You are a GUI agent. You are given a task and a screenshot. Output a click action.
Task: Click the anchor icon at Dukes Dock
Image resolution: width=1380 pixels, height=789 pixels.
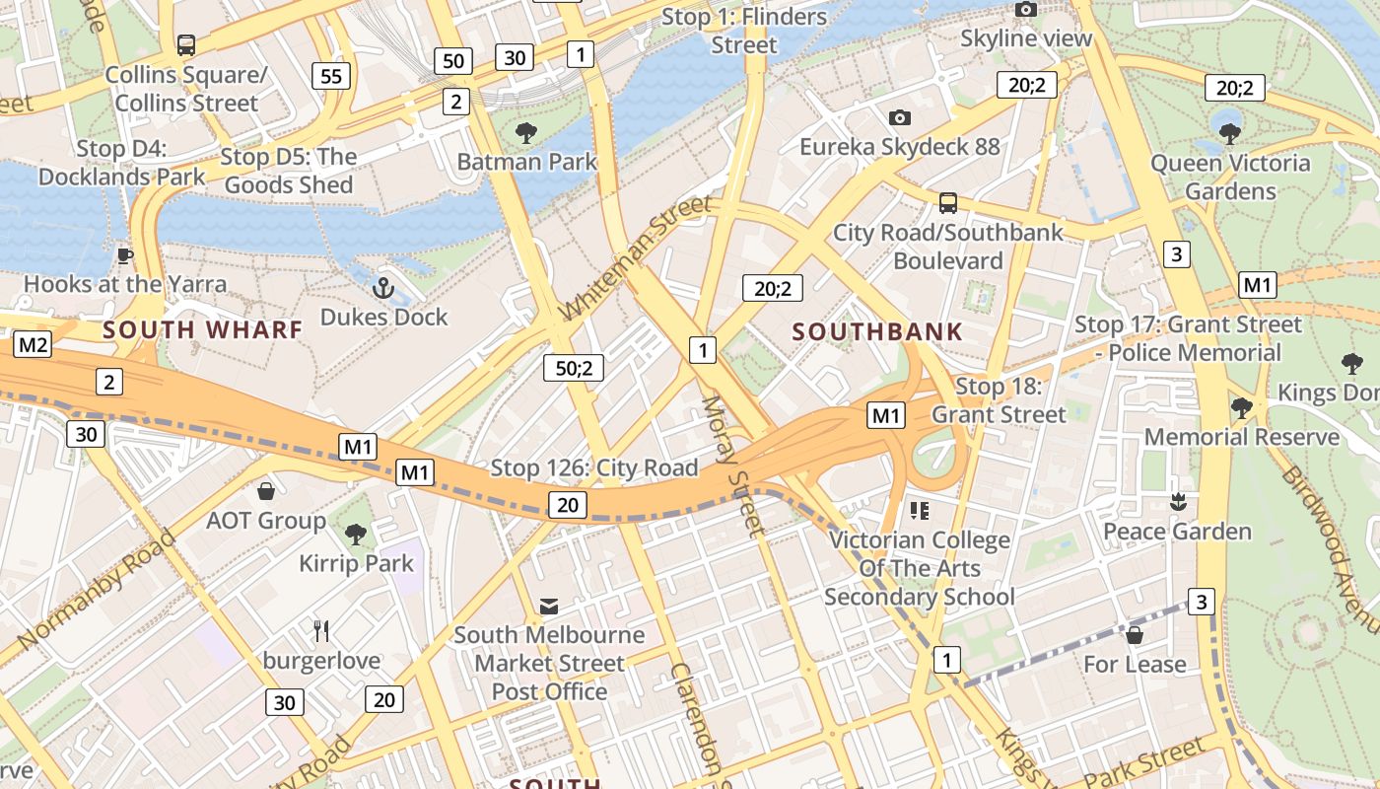(x=382, y=289)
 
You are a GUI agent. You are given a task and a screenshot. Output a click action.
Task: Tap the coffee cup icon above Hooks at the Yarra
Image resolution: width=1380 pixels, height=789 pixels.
(x=124, y=255)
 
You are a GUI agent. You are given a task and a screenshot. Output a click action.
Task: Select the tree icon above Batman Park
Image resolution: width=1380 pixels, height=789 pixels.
(x=526, y=132)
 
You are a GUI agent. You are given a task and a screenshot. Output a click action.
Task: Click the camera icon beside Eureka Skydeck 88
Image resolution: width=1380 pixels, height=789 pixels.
(x=899, y=118)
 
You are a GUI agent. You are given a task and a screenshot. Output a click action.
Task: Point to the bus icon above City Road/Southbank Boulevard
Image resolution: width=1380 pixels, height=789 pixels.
(x=947, y=203)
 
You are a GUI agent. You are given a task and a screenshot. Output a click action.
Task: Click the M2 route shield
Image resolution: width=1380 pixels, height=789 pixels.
(x=33, y=344)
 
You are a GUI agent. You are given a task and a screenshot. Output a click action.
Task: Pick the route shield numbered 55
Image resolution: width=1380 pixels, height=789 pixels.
(x=331, y=76)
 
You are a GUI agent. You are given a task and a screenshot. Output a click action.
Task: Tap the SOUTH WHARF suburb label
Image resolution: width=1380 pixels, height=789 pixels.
(x=202, y=330)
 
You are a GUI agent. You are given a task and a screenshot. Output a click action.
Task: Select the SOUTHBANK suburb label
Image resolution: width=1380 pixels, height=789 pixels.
(x=877, y=332)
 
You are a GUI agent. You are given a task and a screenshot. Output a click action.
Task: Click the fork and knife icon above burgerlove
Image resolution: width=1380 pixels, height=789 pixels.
(x=321, y=631)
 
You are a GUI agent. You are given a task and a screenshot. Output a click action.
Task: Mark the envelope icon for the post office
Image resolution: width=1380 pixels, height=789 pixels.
(x=548, y=606)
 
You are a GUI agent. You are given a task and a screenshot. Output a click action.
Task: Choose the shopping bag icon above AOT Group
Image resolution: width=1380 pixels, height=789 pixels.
(x=265, y=491)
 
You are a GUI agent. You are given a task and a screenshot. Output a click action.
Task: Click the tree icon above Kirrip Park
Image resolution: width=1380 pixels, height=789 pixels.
(x=356, y=535)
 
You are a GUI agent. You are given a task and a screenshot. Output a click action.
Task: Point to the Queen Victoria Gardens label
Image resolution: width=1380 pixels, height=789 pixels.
(x=1230, y=178)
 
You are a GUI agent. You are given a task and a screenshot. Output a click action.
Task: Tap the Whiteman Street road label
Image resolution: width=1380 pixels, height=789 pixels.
(x=634, y=258)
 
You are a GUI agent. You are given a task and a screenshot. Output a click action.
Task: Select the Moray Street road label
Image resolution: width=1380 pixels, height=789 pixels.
(x=733, y=466)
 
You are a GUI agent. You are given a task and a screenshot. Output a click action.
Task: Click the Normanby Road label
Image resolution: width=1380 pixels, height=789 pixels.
(x=96, y=590)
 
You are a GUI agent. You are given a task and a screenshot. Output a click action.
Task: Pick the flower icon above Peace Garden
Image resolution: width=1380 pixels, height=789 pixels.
(x=1176, y=502)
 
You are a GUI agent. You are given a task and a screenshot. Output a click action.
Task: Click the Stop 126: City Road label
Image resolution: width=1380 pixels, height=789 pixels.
(x=593, y=467)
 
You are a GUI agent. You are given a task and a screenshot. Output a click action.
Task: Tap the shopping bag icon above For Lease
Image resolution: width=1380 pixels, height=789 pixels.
(x=1134, y=634)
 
